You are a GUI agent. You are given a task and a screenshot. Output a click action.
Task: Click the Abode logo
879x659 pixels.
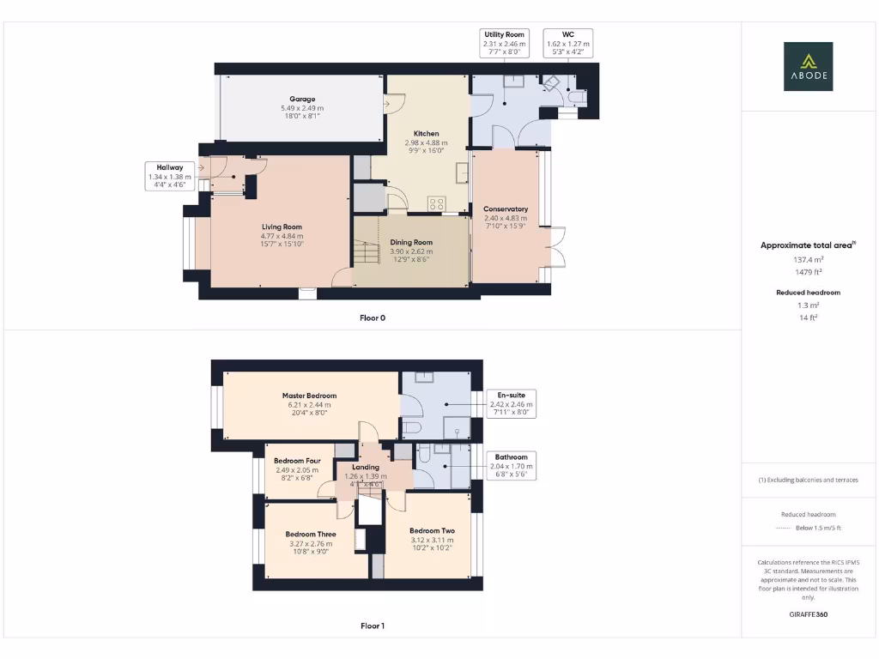point(808,66)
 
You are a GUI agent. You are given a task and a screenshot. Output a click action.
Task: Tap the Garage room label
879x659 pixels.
point(302,100)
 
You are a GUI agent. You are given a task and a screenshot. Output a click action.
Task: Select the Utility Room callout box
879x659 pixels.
point(504,43)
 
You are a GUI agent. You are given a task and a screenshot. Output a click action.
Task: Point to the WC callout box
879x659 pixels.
point(567,43)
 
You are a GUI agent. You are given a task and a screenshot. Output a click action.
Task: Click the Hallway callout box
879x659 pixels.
point(169,176)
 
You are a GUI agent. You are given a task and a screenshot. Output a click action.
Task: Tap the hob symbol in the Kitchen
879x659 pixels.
point(437,203)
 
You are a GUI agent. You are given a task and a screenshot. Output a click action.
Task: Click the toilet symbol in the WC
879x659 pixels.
point(581,100)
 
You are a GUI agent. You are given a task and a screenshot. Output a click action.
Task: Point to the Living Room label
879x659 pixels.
point(282,227)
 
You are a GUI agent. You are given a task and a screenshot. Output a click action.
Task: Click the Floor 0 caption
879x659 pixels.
point(373,317)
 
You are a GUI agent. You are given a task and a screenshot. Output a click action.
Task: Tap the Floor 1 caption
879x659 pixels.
point(373,626)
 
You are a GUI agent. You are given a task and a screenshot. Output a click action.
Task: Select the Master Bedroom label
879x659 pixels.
point(309,396)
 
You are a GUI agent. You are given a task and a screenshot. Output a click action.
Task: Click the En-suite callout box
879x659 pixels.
point(511,403)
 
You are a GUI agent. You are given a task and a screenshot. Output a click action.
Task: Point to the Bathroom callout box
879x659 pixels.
point(511,465)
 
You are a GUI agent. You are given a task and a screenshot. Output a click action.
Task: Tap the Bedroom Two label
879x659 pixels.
point(432,530)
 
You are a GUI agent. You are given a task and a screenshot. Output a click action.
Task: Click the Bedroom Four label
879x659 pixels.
point(298,461)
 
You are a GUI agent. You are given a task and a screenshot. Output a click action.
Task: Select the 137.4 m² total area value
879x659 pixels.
point(807,258)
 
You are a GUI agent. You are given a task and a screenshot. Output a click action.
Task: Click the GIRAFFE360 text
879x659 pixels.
point(807,614)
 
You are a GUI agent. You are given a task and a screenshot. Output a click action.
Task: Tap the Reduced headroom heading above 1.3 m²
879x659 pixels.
point(807,293)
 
